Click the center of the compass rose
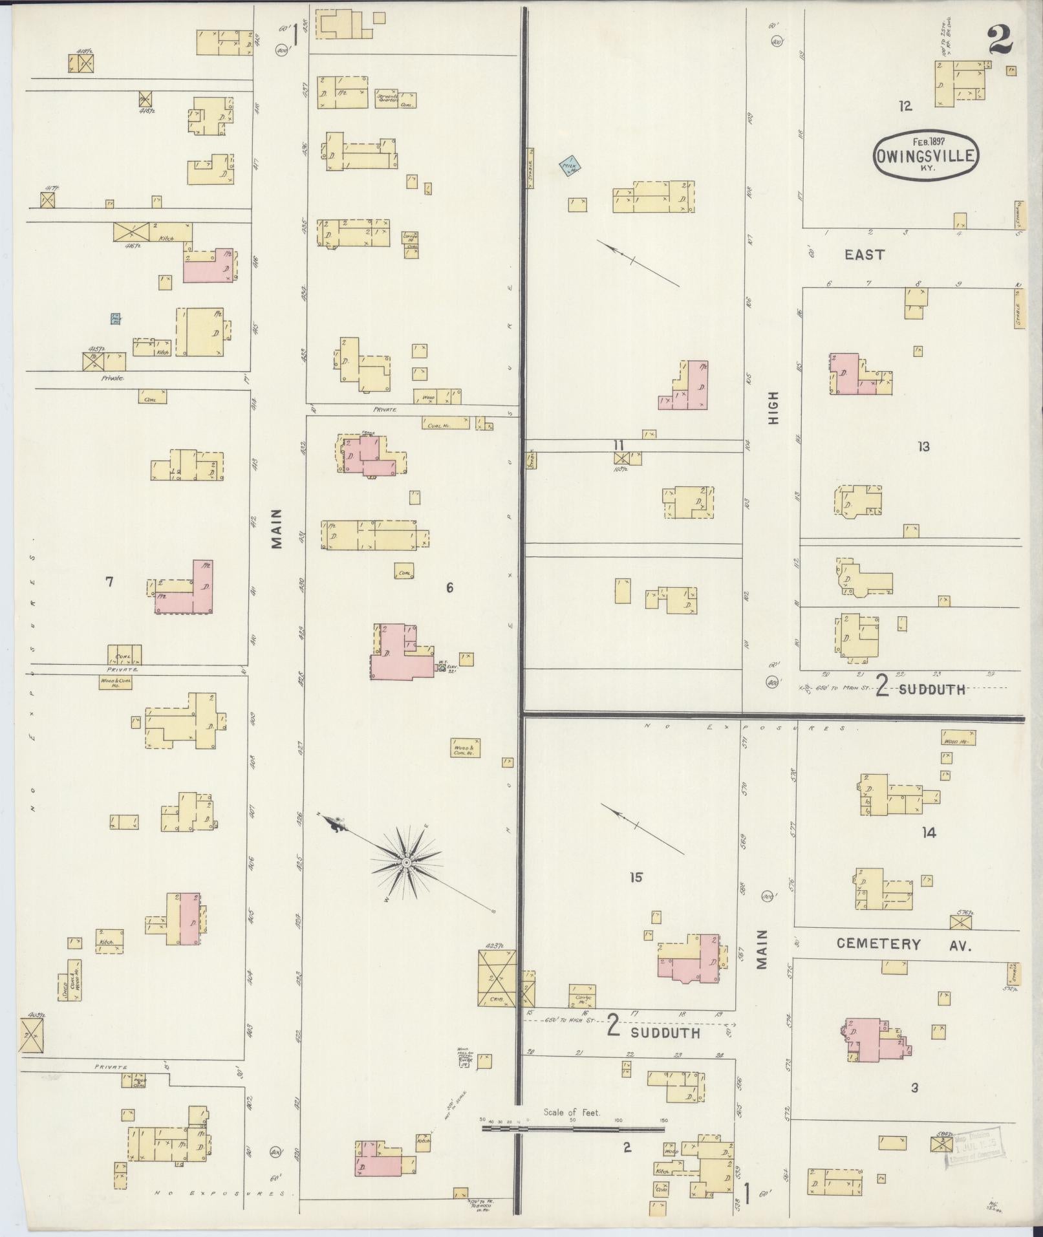pyautogui.click(x=406, y=863)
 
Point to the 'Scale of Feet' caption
pyautogui.click(x=572, y=1112)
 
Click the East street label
pyautogui.click(x=865, y=255)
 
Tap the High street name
pyautogui.click(x=773, y=407)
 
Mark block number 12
pyautogui.click(x=905, y=106)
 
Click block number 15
pyautogui.click(x=636, y=877)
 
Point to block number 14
pyautogui.click(x=929, y=833)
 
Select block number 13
pyautogui.click(x=923, y=446)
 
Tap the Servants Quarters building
pyautogui.click(x=388, y=98)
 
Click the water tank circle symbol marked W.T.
pyautogui.click(x=443, y=667)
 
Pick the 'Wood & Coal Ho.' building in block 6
pyautogui.click(x=465, y=748)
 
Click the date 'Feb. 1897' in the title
pyautogui.click(x=926, y=140)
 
